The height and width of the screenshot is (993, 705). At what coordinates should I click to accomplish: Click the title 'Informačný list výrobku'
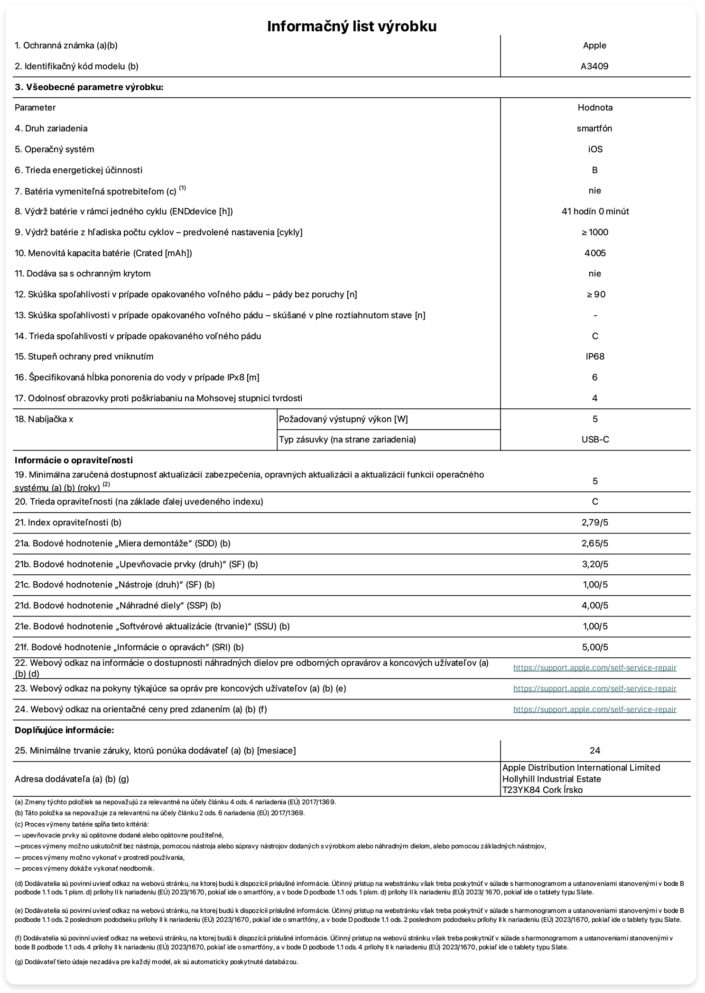pos(352,26)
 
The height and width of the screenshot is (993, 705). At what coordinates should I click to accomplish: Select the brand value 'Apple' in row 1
pos(594,46)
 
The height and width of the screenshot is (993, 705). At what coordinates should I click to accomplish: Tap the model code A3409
pos(594,66)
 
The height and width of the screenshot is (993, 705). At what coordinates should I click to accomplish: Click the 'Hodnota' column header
pos(595,108)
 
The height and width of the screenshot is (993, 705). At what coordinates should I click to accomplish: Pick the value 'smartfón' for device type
pos(594,129)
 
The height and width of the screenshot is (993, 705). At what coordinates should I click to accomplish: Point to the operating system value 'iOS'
pos(595,149)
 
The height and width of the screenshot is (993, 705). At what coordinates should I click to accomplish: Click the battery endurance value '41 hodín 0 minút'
pos(595,211)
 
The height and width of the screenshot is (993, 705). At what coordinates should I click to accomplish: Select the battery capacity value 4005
pos(595,253)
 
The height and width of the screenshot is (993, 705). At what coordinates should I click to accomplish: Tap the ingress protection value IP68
pos(595,357)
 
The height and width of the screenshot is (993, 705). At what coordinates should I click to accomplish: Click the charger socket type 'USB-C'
pos(595,440)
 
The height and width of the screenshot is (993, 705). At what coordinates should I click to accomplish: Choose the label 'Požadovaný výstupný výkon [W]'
pos(343,419)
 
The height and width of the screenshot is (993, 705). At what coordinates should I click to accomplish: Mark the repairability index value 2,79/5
pos(595,523)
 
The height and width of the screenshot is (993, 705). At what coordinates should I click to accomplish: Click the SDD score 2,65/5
pos(595,543)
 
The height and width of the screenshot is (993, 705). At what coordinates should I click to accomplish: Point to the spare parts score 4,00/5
pos(595,606)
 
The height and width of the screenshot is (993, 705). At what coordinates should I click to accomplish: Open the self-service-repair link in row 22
pos(594,668)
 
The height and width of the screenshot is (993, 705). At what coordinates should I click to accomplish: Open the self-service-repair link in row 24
pos(594,710)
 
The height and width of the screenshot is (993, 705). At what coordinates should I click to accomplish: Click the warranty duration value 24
pos(595,751)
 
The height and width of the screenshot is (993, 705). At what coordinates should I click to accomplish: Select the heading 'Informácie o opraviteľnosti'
pos(74,460)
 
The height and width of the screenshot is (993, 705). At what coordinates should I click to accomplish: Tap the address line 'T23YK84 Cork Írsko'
pos(542,790)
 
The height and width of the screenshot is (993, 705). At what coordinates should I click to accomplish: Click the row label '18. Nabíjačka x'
pos(44,419)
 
